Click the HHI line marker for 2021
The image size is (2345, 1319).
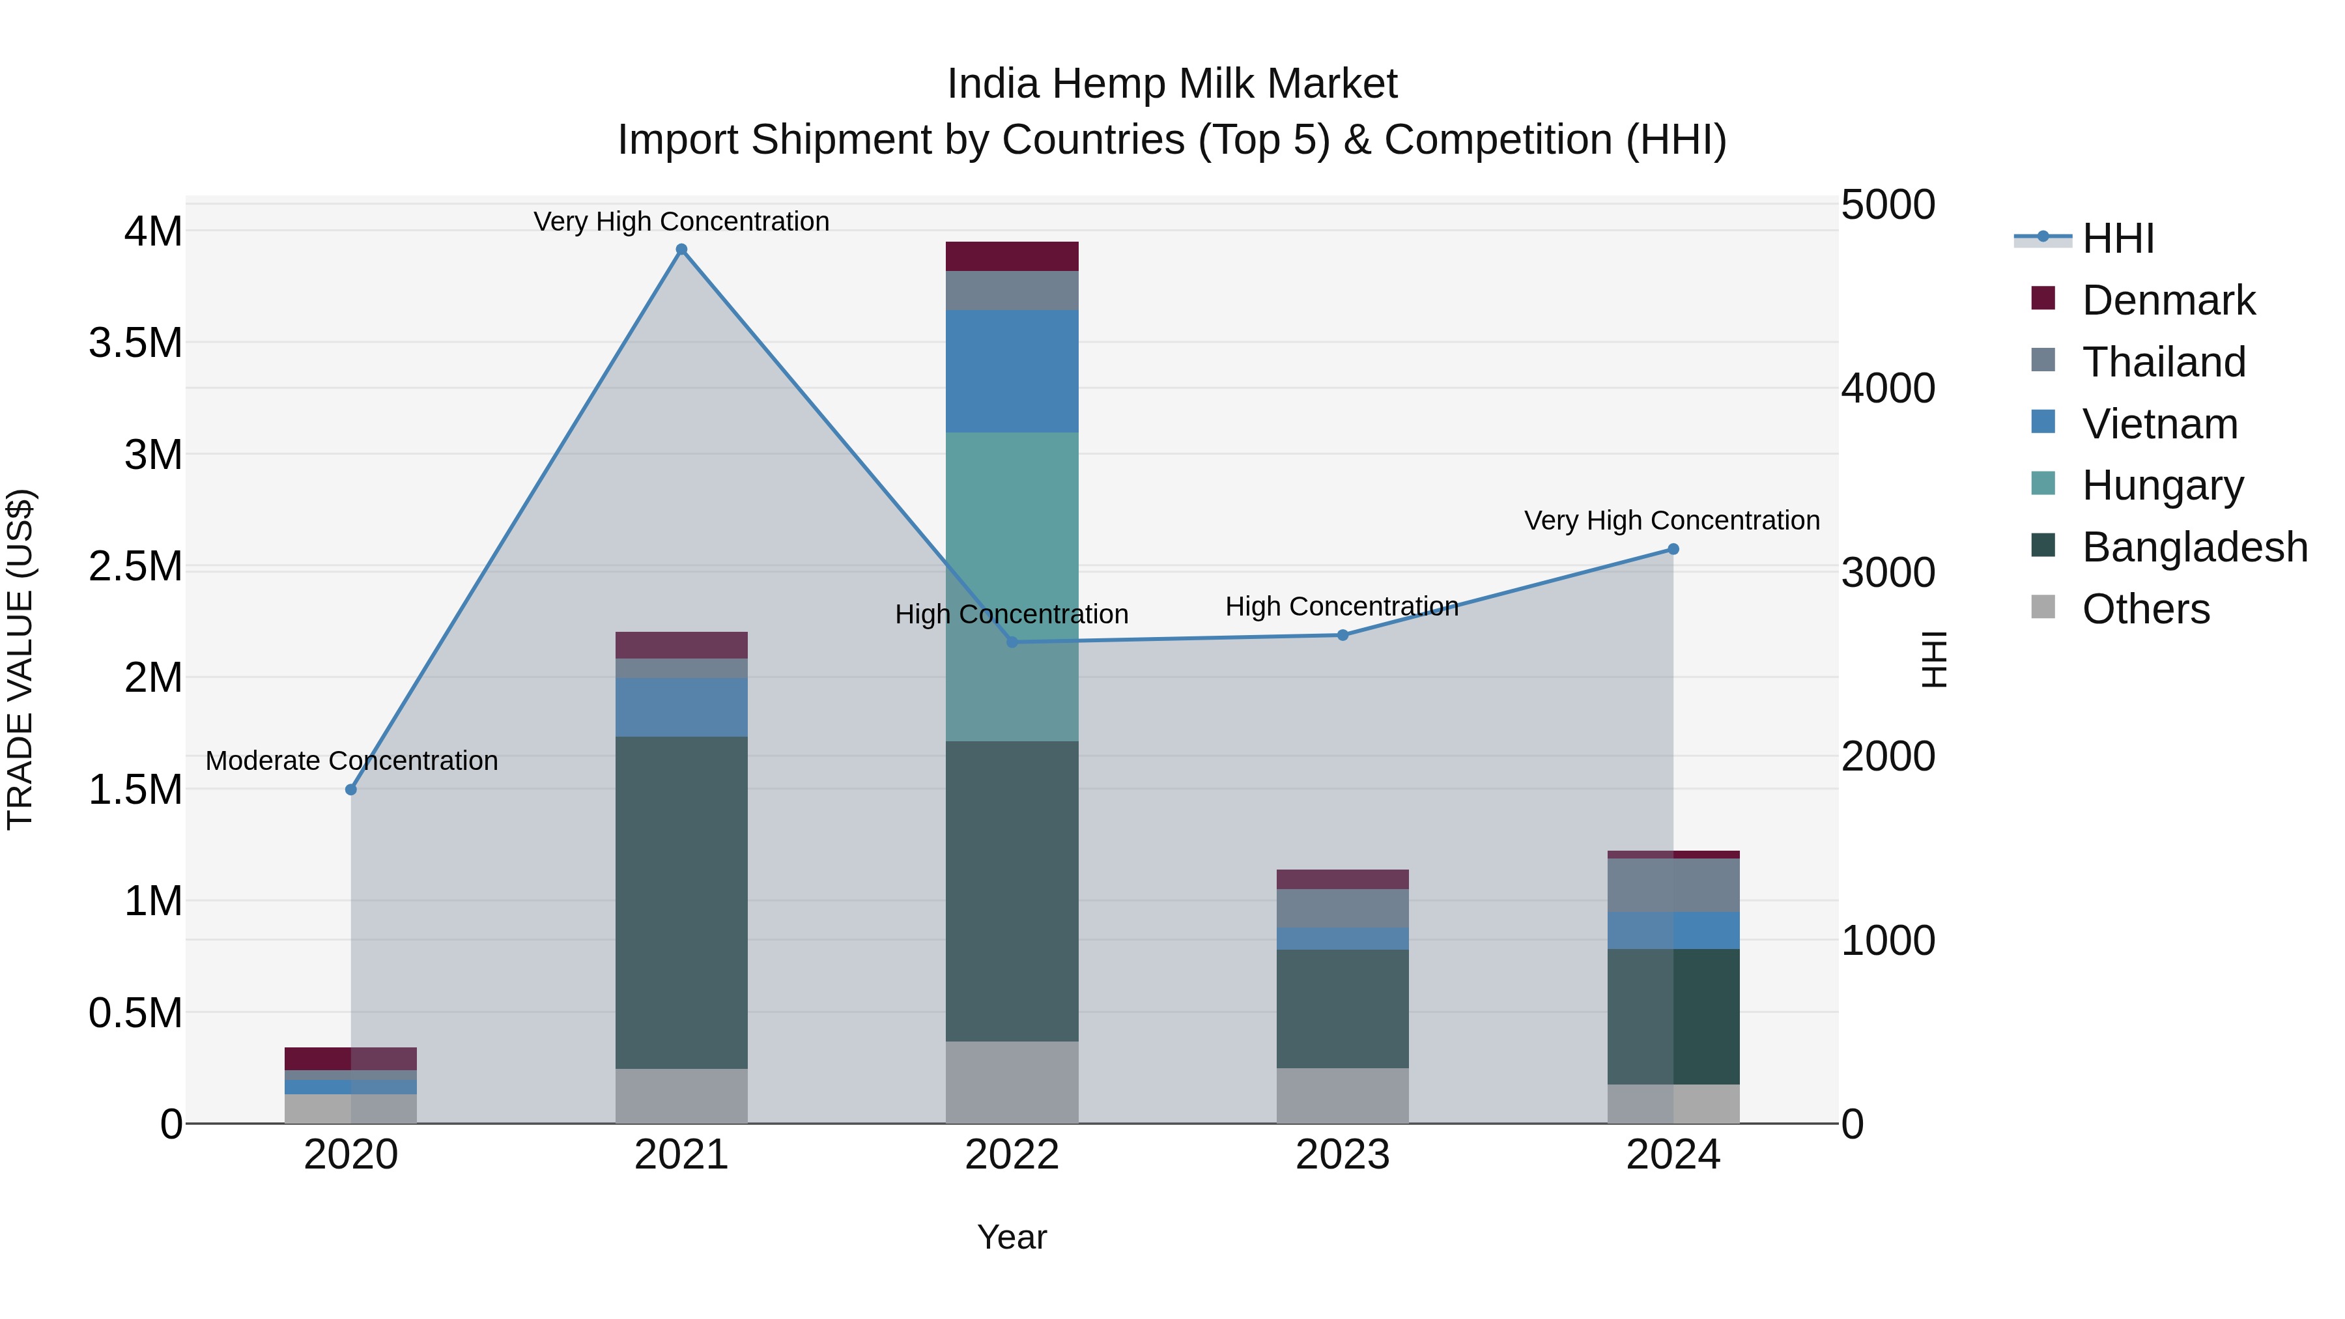681,249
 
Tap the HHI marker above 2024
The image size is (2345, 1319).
1672,549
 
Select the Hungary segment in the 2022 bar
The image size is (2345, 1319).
1012,586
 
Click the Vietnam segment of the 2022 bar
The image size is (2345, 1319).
1012,371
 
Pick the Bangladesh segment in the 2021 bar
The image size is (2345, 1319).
681,901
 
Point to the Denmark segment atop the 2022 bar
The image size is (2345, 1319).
1012,256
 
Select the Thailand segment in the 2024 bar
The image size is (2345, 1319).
1672,885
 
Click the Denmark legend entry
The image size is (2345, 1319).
2167,300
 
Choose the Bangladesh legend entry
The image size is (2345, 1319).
2194,547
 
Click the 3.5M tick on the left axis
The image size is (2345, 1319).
135,343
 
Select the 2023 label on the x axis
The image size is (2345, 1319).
1342,1155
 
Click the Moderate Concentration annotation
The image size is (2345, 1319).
351,760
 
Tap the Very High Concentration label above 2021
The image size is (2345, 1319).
681,221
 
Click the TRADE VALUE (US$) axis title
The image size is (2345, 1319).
20,659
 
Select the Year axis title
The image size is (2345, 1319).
1012,1237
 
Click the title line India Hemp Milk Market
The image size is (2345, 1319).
1172,84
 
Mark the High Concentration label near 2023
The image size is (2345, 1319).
1342,606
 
